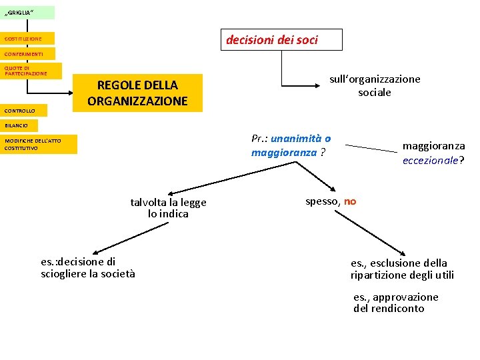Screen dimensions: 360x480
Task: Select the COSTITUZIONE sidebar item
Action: (27, 39)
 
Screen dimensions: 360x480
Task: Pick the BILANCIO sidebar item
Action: (19, 125)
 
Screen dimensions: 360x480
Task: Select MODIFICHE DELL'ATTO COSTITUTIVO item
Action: (39, 145)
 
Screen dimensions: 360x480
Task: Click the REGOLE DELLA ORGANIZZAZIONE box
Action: (137, 93)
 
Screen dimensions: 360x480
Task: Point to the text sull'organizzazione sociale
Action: (375, 85)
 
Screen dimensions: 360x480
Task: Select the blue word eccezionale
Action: (431, 160)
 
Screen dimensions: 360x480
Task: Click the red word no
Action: (351, 201)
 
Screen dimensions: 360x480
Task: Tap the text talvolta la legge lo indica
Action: (169, 208)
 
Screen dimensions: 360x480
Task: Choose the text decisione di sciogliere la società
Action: (87, 267)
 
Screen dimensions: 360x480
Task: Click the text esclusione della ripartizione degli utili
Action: (402, 269)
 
